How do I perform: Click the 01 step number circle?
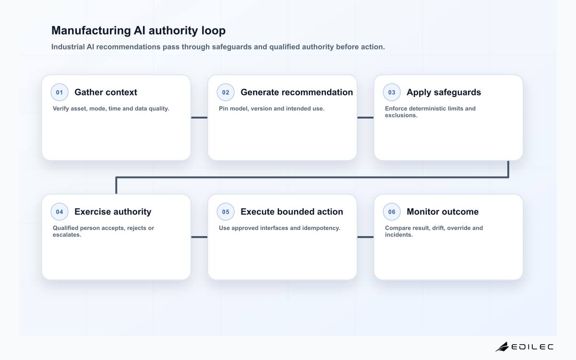[x=60, y=92]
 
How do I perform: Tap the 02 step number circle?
[x=226, y=92]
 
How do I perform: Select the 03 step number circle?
[x=392, y=92]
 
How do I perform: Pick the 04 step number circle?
[x=60, y=212]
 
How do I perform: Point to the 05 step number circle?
[x=226, y=212]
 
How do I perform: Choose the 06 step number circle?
[x=392, y=212]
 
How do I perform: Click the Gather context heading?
[x=106, y=92]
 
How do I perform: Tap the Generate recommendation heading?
[x=297, y=92]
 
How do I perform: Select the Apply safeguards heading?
[x=444, y=93]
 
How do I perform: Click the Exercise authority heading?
[x=113, y=212]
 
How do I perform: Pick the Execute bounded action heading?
[x=292, y=212]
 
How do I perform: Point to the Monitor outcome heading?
[x=443, y=212]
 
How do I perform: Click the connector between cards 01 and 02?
[x=199, y=118]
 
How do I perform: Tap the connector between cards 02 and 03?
[x=365, y=118]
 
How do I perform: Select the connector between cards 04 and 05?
[x=199, y=237]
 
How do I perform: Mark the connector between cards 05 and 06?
[x=365, y=237]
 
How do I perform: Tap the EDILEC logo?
[x=525, y=347]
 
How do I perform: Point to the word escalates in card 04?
[x=67, y=235]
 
